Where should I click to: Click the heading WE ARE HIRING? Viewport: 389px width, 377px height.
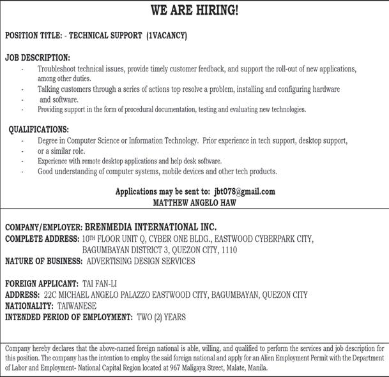pyautogui.click(x=194, y=10)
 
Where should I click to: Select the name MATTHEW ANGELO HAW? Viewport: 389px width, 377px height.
pyautogui.click(x=194, y=202)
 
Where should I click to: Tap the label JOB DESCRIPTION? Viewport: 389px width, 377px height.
pyautogui.click(x=38, y=57)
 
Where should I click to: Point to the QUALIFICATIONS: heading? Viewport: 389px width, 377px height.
pyautogui.click(x=39, y=129)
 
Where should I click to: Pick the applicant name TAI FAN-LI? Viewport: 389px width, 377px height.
pyautogui.click(x=100, y=283)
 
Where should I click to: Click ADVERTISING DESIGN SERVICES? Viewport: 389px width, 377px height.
pyautogui.click(x=141, y=261)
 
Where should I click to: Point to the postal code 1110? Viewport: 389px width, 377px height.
pyautogui.click(x=227, y=250)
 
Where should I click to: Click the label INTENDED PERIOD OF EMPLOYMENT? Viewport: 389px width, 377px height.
pyautogui.click(x=69, y=317)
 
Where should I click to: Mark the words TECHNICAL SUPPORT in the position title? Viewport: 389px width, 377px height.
pyautogui.click(x=103, y=36)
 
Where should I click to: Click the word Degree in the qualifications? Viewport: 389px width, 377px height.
pyautogui.click(x=49, y=140)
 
